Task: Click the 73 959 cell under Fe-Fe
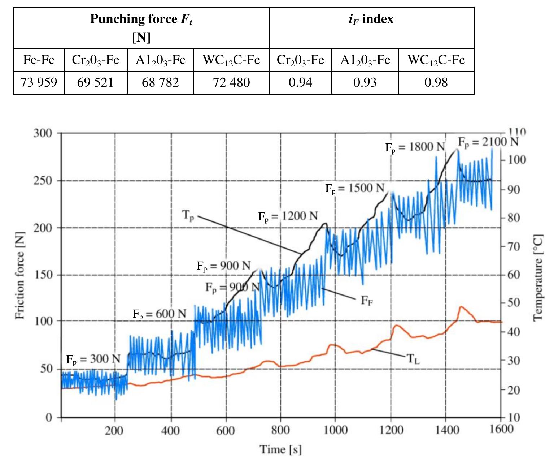point(39,83)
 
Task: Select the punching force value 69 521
point(96,83)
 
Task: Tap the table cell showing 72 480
point(231,83)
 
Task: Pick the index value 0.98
point(436,83)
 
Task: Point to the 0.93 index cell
point(365,83)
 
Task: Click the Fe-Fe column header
point(39,60)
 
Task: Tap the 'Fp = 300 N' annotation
point(93,359)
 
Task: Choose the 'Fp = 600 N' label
point(160,314)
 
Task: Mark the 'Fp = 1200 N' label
point(288,217)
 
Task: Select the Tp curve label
point(188,216)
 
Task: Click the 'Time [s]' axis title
point(280,449)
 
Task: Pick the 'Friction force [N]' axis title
point(20,275)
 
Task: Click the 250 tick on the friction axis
point(43,181)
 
